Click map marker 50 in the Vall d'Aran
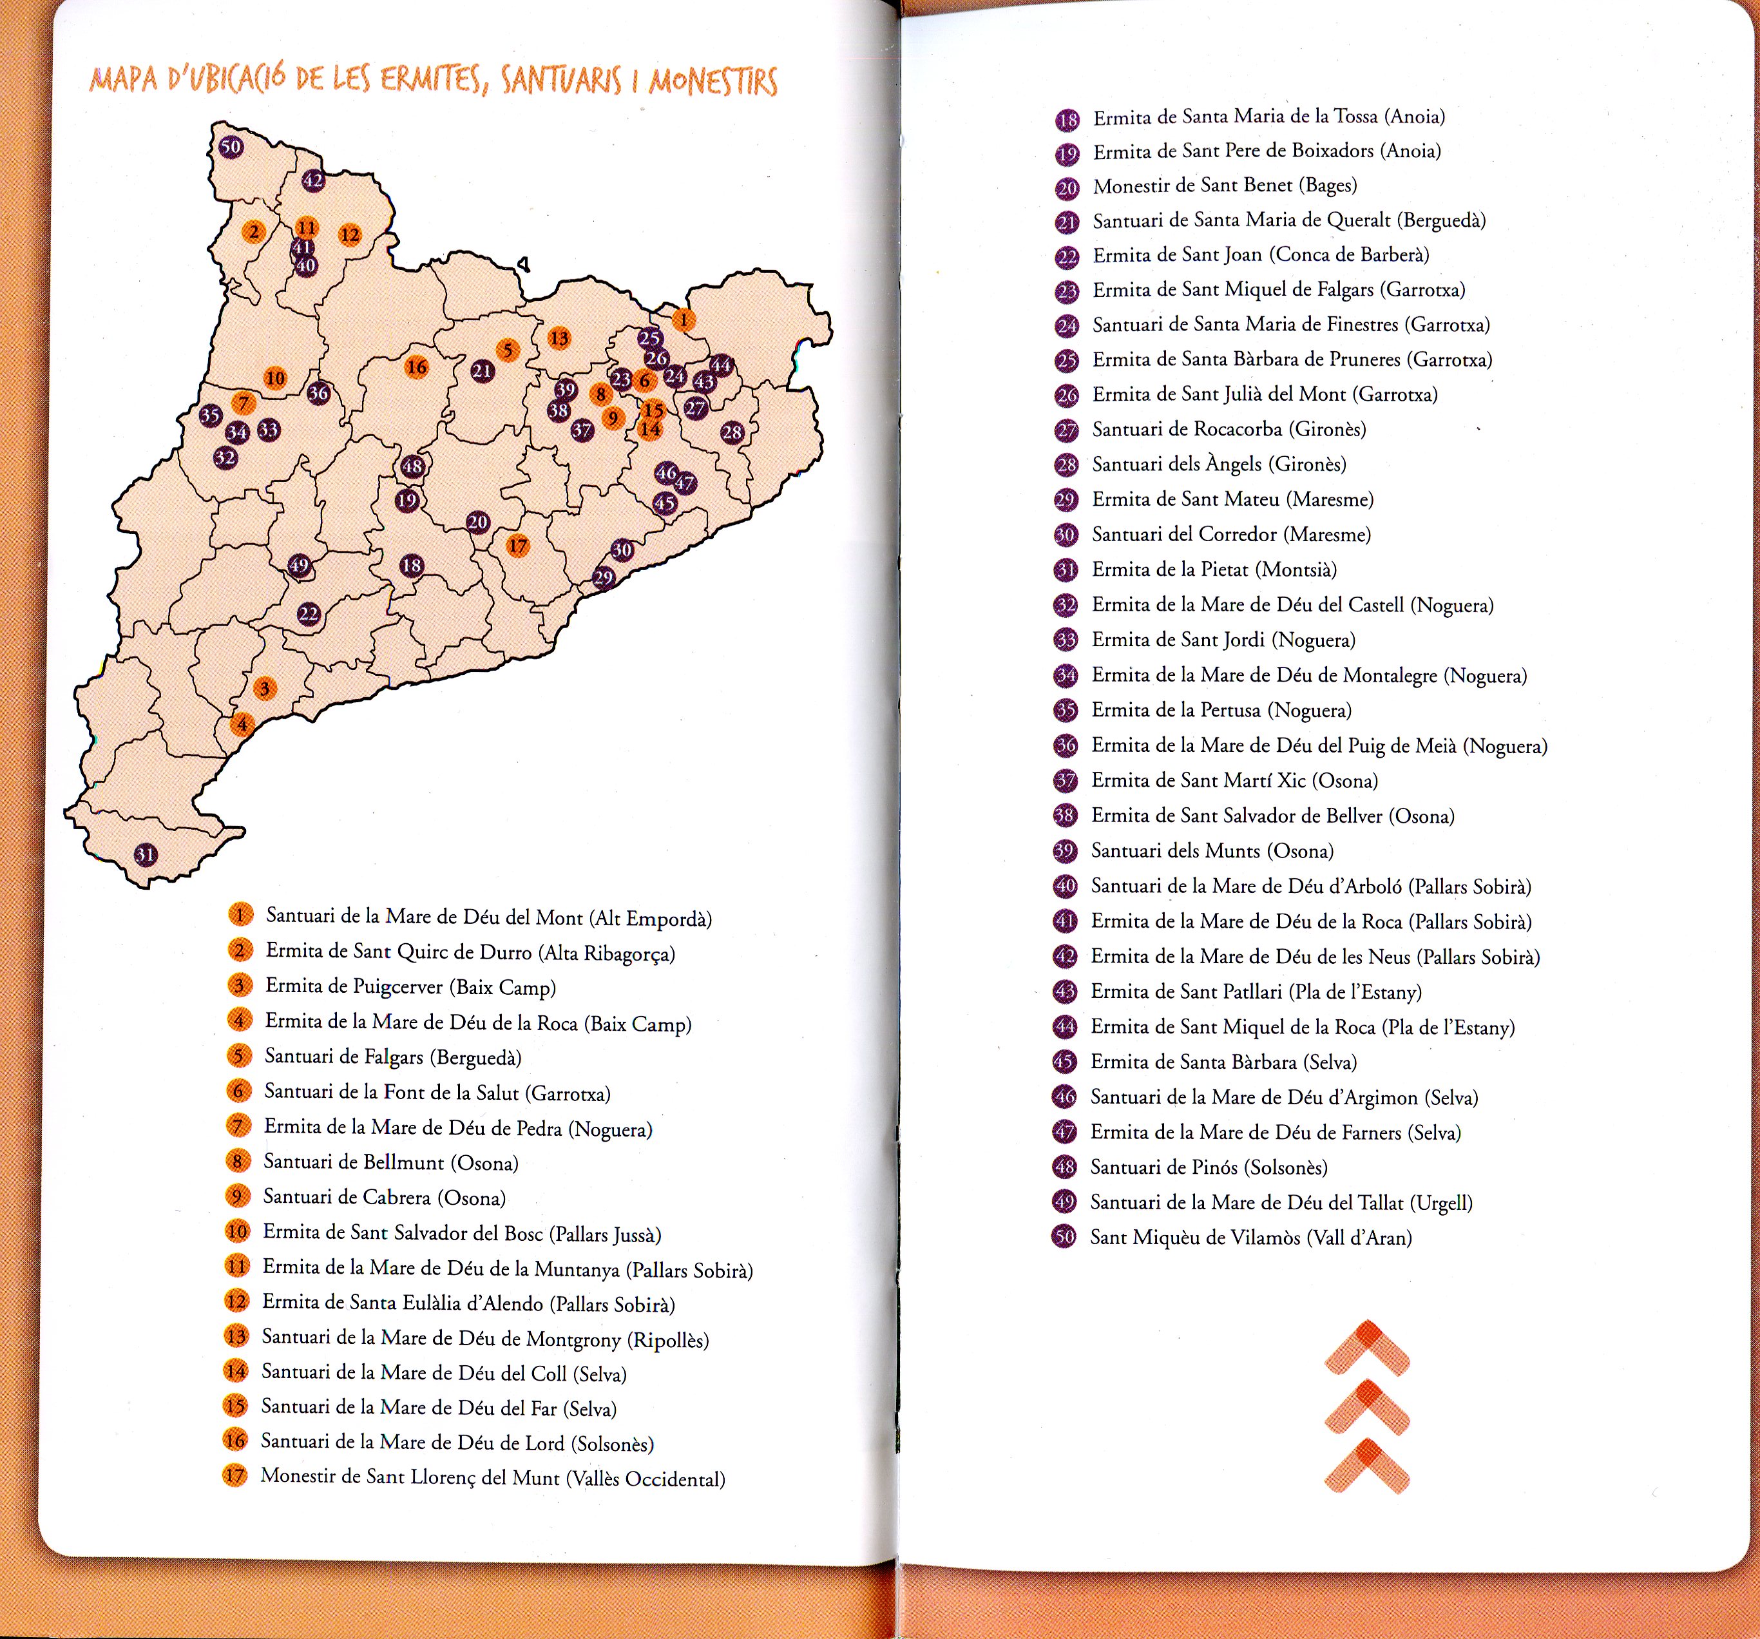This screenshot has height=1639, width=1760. point(231,147)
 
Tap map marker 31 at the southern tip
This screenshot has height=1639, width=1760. point(146,854)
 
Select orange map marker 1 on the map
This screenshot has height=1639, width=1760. point(683,320)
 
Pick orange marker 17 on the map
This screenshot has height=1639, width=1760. point(518,546)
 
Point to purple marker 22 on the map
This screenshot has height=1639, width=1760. point(308,613)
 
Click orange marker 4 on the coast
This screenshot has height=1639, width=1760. point(242,724)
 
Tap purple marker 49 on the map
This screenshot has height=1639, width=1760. point(299,566)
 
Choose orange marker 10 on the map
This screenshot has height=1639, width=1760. point(275,379)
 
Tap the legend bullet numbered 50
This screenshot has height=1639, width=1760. point(1064,1237)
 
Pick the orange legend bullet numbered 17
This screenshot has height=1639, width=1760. point(234,1475)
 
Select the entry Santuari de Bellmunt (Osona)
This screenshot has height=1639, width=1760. point(390,1163)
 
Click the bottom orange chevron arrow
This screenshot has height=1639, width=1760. point(1367,1468)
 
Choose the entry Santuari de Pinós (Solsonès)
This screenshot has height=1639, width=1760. point(1209,1167)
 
